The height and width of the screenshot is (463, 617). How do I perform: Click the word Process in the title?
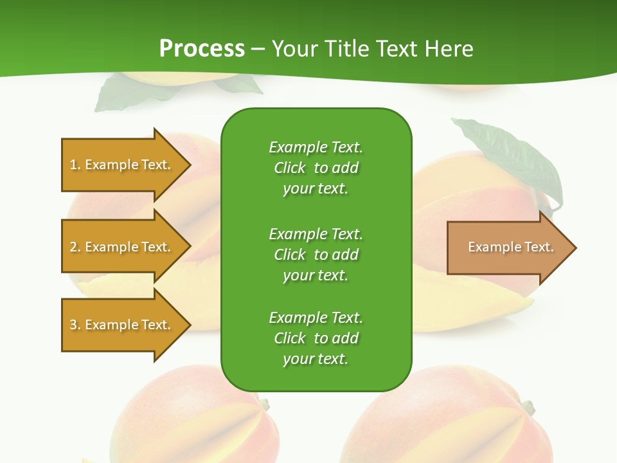pos(202,49)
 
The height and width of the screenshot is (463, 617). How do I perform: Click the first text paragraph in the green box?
pos(316,168)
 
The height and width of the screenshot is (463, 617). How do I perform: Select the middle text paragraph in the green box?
pos(316,255)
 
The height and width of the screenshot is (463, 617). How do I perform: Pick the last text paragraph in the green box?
pos(316,338)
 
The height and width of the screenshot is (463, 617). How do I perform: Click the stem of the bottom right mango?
pos(528,407)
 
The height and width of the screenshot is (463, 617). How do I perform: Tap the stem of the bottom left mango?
pos(264,404)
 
